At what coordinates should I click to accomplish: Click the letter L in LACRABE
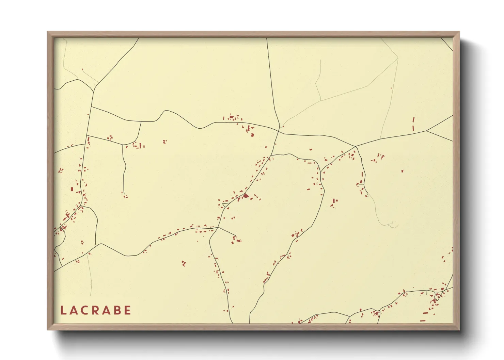point(63,310)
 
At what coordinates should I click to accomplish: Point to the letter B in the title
point(117,310)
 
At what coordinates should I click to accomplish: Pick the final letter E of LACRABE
point(127,310)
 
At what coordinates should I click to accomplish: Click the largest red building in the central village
point(246,196)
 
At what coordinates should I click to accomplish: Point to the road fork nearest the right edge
point(426,130)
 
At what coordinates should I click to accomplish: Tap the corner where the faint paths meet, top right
point(398,59)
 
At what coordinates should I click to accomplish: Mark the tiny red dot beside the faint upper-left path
point(82,70)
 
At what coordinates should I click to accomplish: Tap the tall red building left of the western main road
point(72,189)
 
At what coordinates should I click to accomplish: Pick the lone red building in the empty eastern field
point(403,171)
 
